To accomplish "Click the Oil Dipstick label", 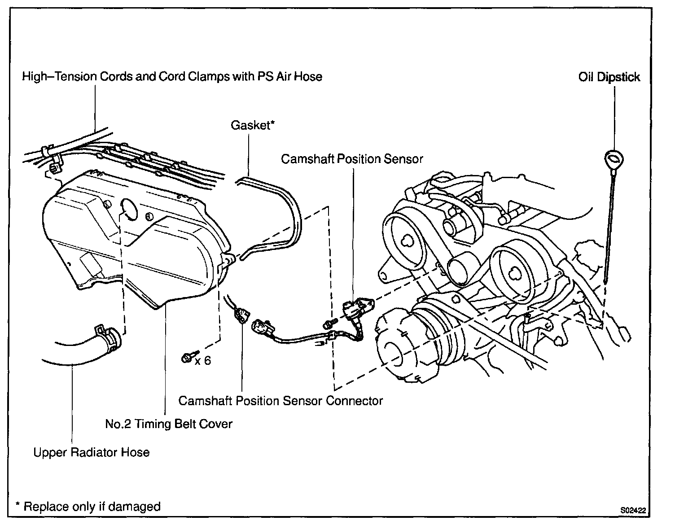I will point(609,77).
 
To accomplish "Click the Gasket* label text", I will point(252,125).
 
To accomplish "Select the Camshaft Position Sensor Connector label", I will point(281,401).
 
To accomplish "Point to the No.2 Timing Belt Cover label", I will point(169,424).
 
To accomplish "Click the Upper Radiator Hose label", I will point(92,452).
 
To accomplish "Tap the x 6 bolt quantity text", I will point(203,360).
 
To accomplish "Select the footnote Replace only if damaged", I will point(88,507).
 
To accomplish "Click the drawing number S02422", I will point(633,510).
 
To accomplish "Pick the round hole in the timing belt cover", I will point(130,209).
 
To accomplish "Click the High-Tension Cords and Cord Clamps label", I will point(172,77).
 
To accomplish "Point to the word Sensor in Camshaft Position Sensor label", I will point(402,159).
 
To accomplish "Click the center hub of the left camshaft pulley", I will point(409,241).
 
